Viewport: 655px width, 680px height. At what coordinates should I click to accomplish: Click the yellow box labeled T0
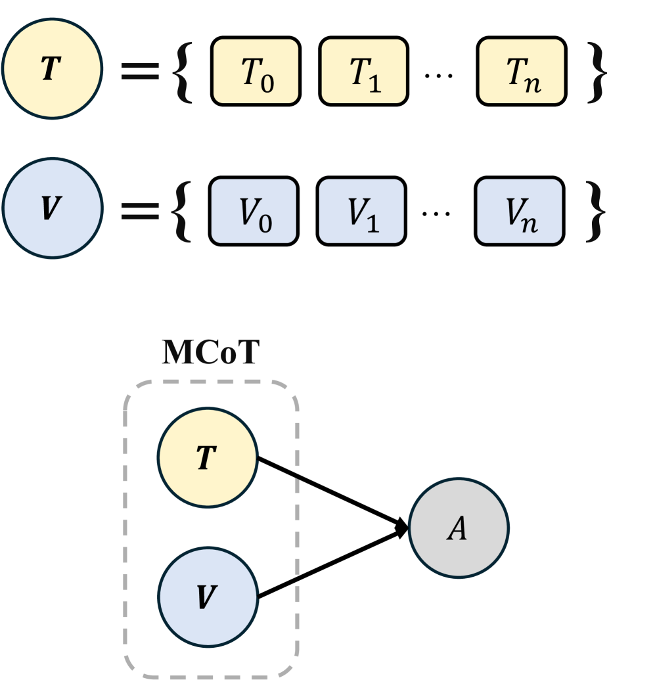tap(256, 71)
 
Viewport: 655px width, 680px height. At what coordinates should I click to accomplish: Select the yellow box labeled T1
tap(364, 71)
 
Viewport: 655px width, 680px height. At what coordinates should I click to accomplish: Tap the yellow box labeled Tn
tap(522, 71)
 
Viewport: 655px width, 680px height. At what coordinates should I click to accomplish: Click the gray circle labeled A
tap(459, 529)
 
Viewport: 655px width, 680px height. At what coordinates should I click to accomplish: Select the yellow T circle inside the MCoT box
tap(207, 458)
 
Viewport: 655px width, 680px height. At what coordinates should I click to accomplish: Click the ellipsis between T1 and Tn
tap(434, 76)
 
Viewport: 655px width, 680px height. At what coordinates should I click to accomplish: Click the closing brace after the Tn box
tap(595, 72)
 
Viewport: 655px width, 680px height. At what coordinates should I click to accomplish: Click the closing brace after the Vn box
tap(595, 210)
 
